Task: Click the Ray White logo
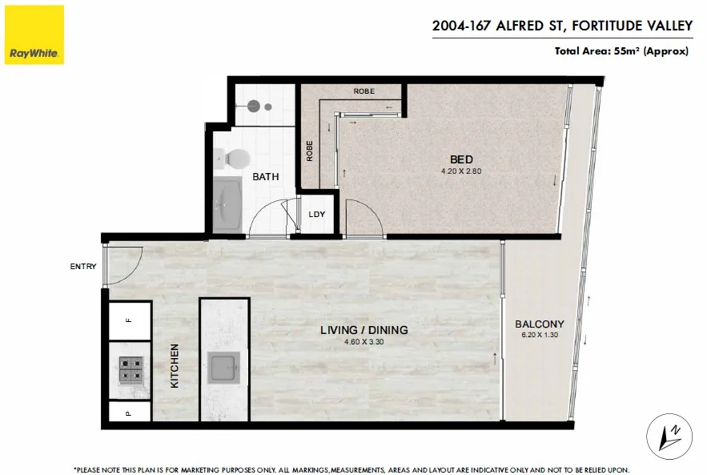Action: [32, 34]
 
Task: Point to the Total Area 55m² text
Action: [621, 51]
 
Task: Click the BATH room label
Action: [266, 176]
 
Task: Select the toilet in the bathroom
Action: [238, 158]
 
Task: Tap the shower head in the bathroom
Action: [255, 104]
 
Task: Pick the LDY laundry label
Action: [317, 215]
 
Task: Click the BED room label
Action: [462, 160]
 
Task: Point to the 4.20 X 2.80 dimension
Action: [462, 171]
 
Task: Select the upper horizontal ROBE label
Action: [364, 91]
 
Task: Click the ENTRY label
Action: [83, 267]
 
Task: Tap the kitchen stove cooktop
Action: [131, 371]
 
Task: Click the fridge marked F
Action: [129, 321]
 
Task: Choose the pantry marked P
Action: [129, 414]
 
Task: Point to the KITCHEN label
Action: [174, 366]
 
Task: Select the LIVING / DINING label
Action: [364, 329]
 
